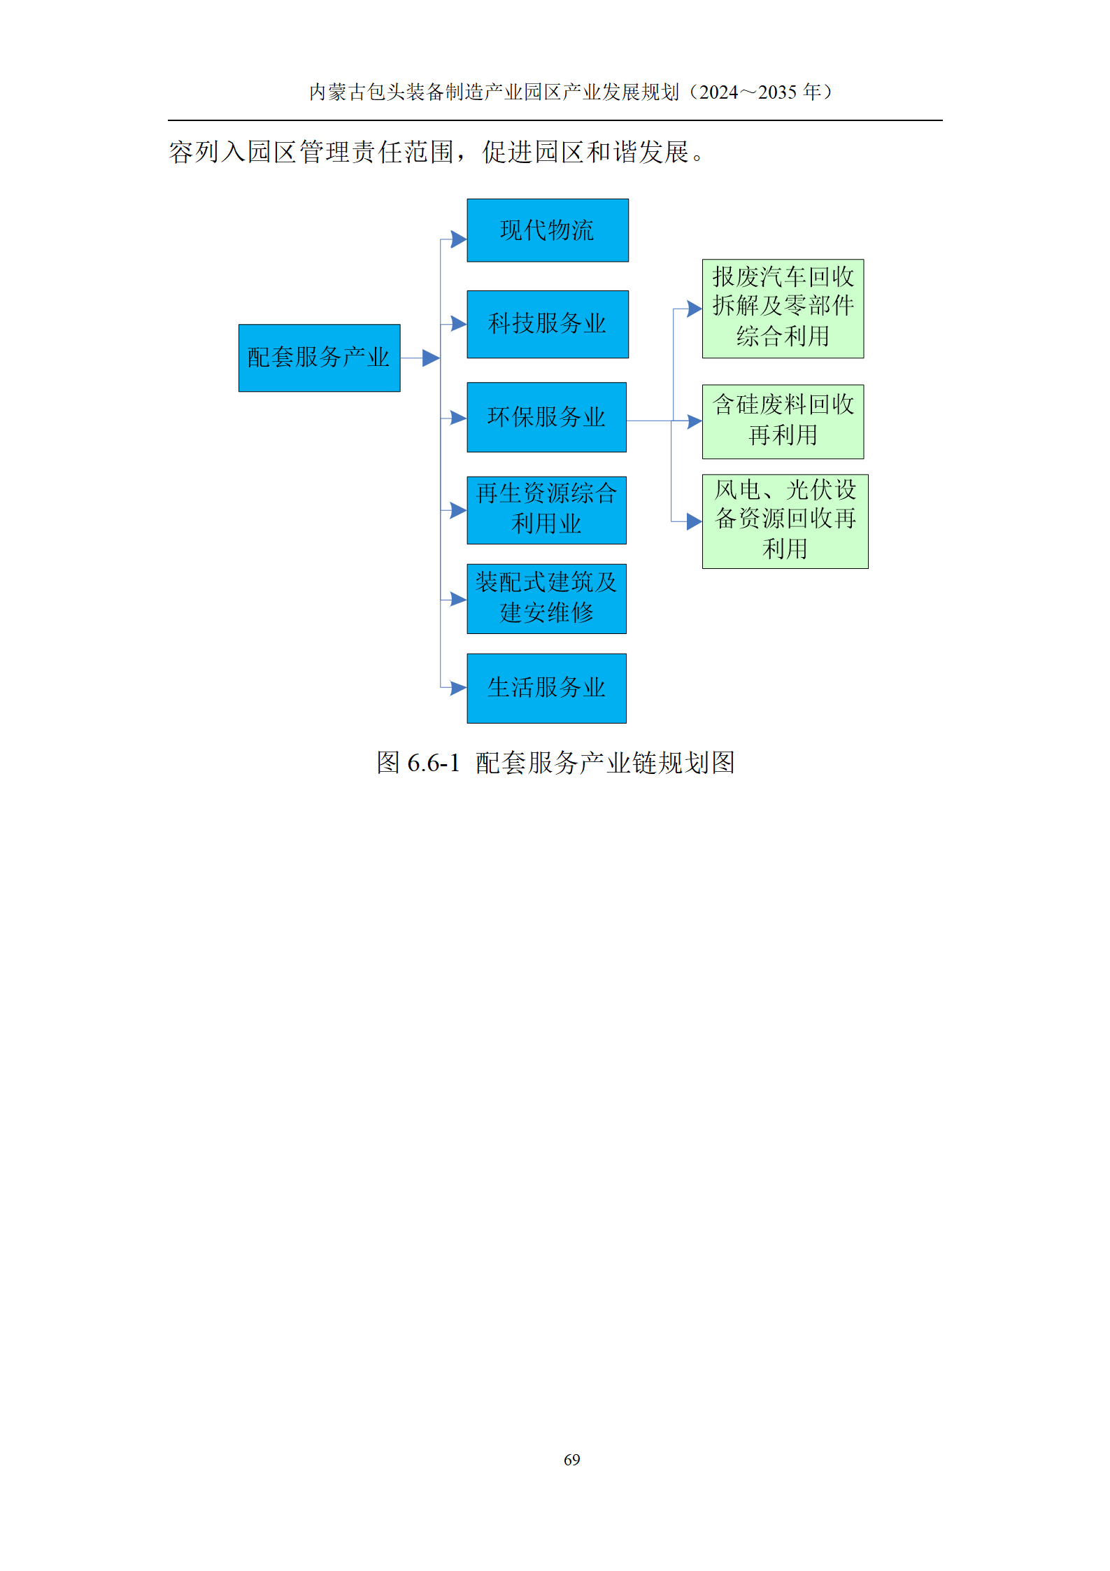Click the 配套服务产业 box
coord(319,358)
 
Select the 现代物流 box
coord(548,230)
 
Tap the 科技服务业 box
coord(548,324)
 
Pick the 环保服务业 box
coord(547,417)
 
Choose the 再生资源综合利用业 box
coord(547,510)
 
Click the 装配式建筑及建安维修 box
coord(547,599)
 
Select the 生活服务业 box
coord(547,688)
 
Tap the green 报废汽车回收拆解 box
coord(783,309)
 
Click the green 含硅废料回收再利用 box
coord(783,421)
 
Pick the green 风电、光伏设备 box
coord(785,521)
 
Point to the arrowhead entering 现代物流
coord(459,240)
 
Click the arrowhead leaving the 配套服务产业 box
coord(432,358)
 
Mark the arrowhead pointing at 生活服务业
coord(459,688)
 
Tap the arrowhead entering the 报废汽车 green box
coord(694,309)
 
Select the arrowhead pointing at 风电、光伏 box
coord(694,521)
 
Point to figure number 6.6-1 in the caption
coord(433,763)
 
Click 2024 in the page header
coord(719,92)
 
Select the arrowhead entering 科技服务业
coord(459,323)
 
